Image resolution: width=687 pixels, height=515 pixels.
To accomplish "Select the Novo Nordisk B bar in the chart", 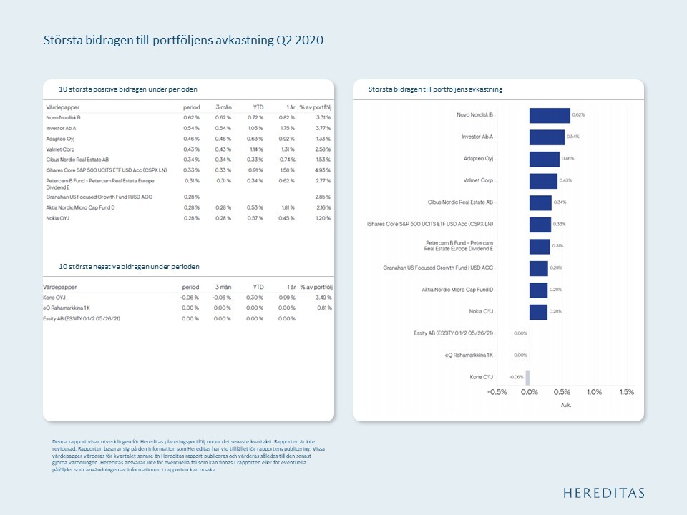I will point(549,115).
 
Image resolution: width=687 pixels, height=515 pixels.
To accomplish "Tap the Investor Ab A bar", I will point(547,137).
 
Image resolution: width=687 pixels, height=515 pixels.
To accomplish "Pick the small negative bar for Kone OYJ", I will point(527,377).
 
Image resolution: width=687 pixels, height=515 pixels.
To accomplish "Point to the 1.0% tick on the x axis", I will point(594,392).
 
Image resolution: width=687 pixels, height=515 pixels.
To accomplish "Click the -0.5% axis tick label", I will point(497,392).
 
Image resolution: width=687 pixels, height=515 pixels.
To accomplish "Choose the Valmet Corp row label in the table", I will point(61,148).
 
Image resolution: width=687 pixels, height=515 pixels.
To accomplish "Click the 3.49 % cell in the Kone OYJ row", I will point(323,297).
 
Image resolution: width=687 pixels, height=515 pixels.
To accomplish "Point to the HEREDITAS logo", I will point(603,493).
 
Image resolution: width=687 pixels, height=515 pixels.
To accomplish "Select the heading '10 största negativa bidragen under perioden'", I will point(129,266).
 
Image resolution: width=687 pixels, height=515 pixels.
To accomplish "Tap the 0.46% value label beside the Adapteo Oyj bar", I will point(568,159).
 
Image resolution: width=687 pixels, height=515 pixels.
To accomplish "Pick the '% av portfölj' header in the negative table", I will point(316,286).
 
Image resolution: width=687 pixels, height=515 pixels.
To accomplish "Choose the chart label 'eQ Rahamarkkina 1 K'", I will point(468,355).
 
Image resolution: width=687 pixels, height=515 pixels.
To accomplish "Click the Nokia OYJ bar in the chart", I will point(538,311).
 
